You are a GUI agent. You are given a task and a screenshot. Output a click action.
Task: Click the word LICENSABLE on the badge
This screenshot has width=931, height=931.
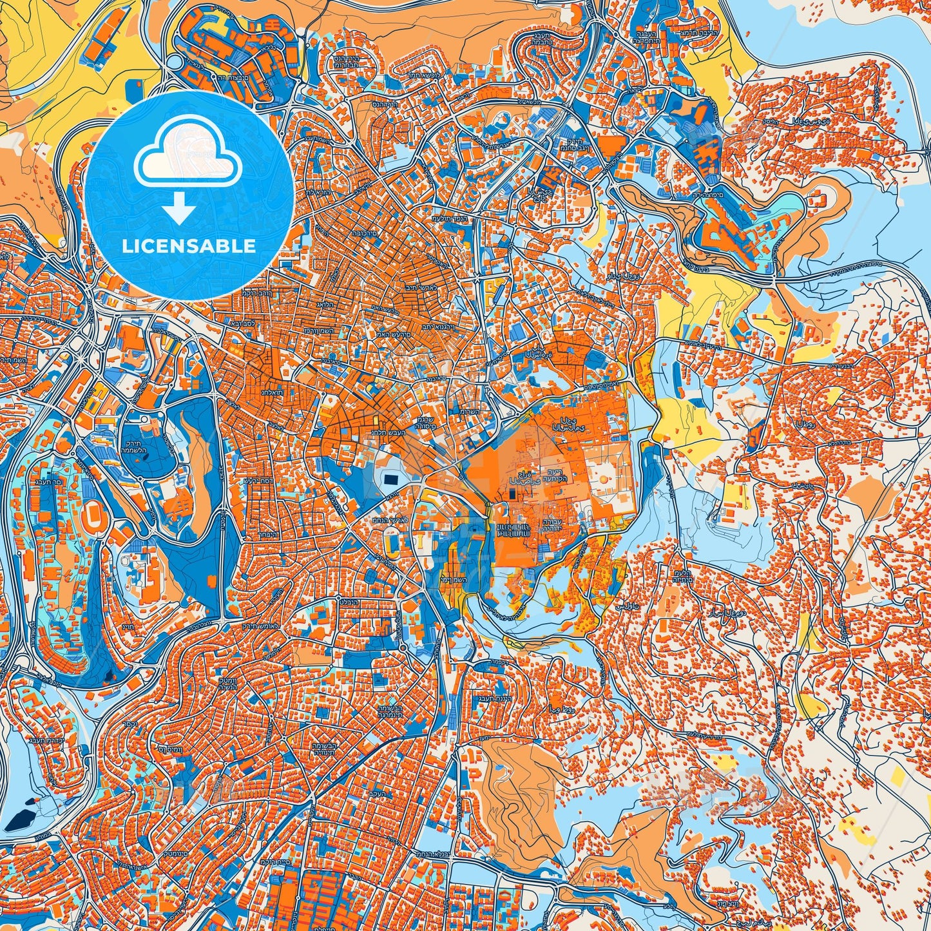point(189,246)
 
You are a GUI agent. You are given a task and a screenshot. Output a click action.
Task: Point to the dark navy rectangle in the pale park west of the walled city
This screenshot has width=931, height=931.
point(390,479)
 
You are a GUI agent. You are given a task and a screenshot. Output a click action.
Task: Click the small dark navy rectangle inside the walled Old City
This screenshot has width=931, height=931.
point(512,494)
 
